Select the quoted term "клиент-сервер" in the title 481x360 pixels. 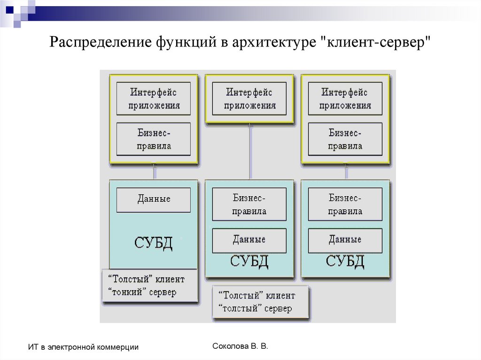376,43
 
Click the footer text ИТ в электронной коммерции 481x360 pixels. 83,347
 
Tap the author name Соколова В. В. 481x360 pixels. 240,346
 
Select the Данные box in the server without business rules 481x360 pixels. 154,199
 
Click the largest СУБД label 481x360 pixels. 153,243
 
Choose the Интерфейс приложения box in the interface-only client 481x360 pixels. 249,99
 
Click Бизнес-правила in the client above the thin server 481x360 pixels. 154,139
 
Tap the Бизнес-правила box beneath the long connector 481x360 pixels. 249,205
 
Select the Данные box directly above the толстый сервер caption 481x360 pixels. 249,240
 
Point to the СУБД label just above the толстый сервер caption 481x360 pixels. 249,261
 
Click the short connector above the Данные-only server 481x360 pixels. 155,171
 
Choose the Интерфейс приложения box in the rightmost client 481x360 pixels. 345,99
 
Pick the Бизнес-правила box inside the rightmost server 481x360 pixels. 345,205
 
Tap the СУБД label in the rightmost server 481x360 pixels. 345,261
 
